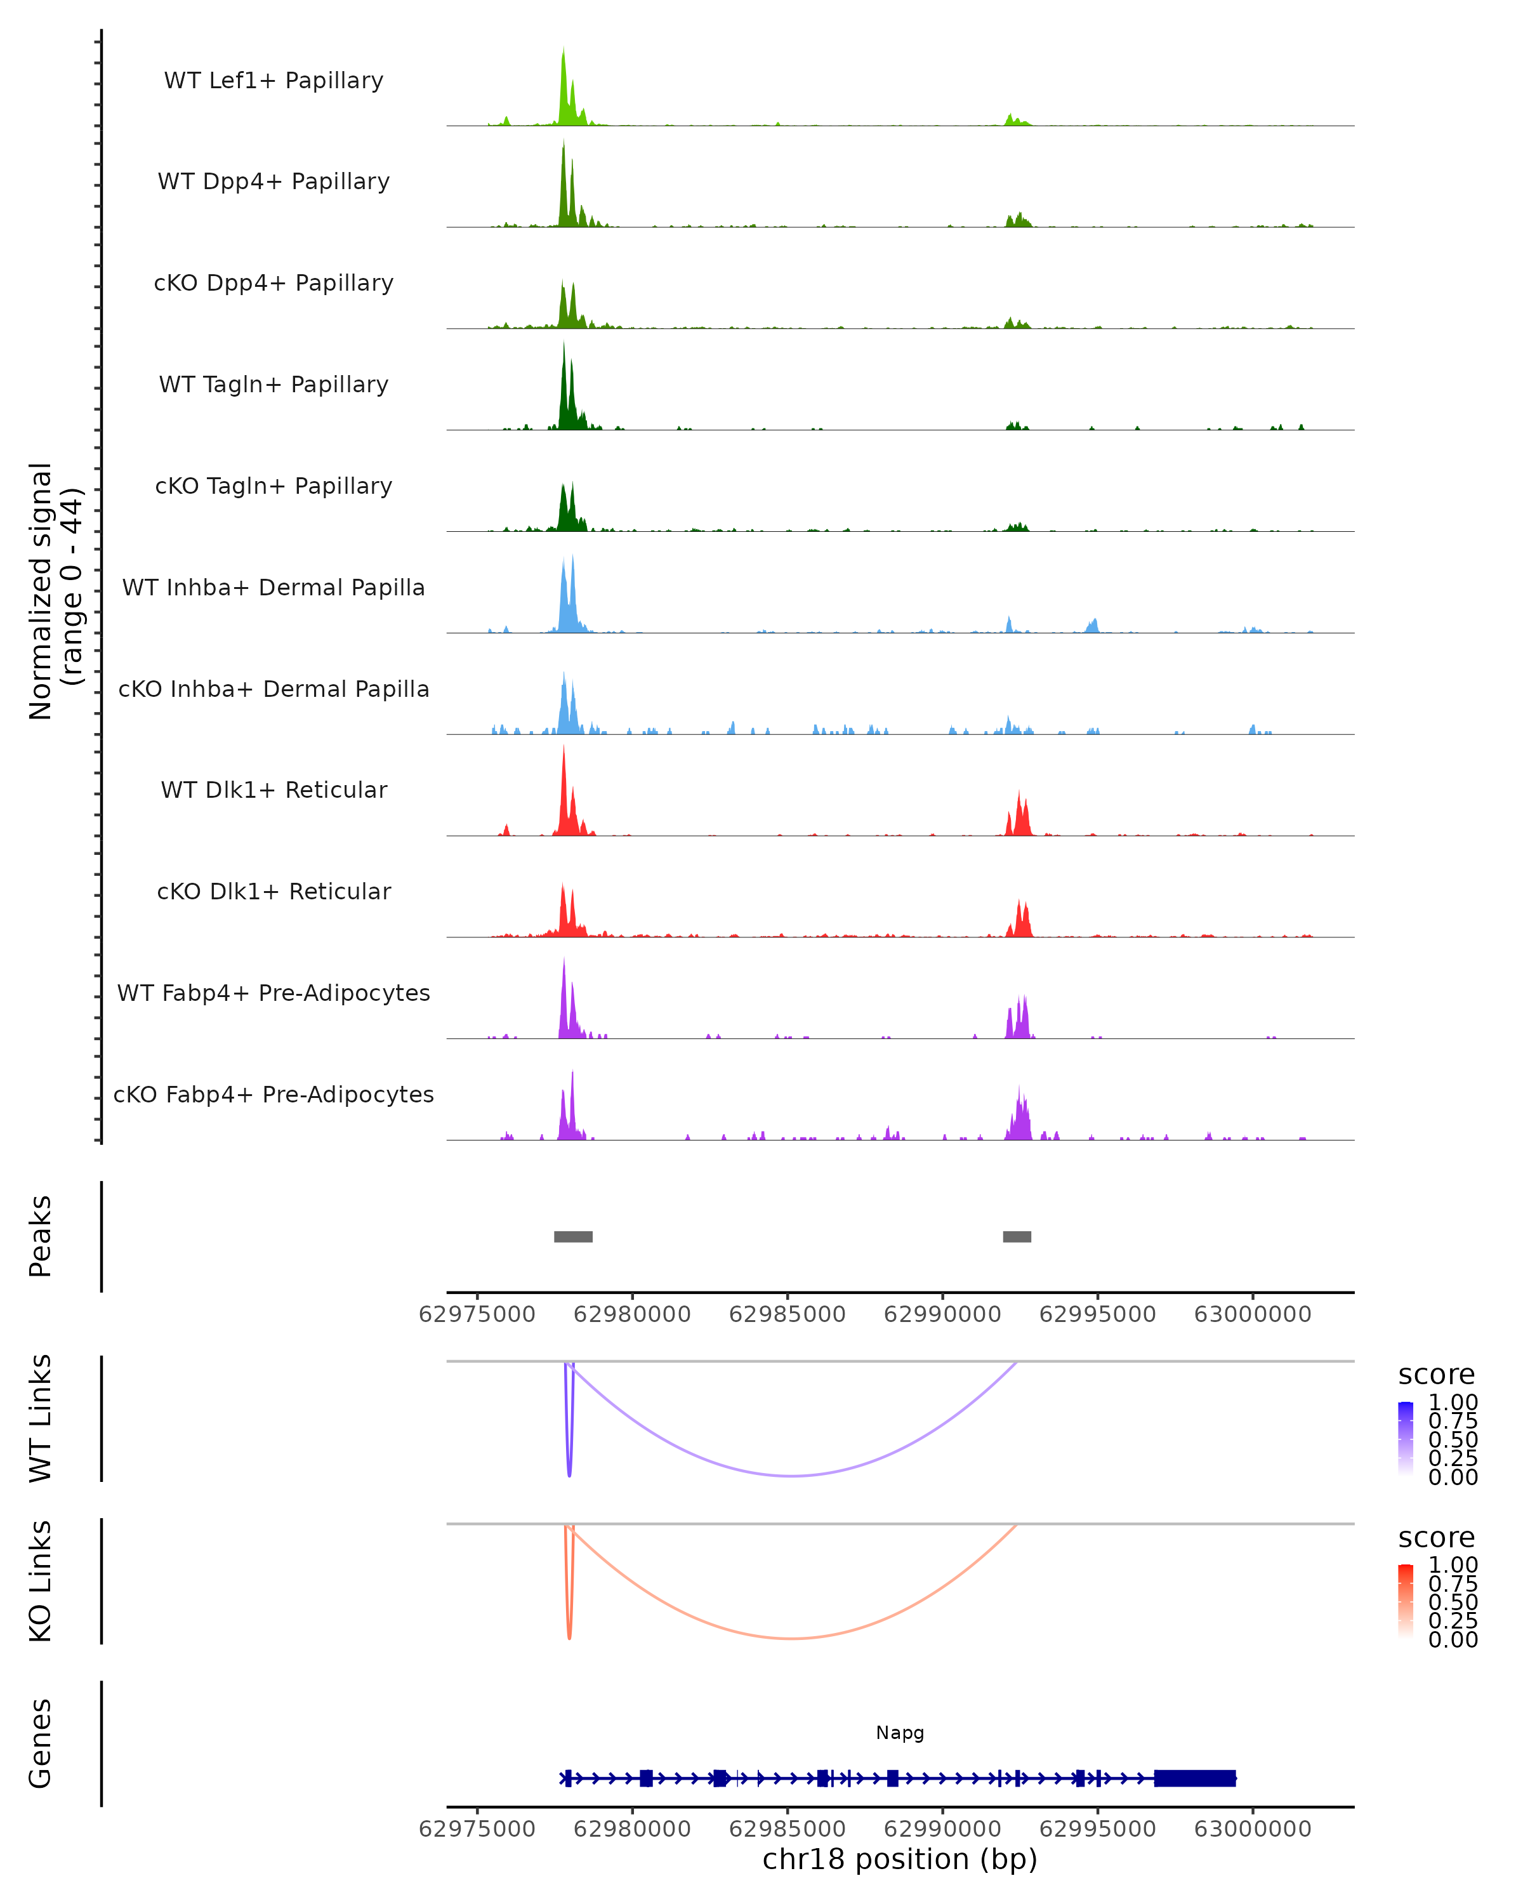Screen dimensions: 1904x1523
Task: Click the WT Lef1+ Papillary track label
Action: [x=274, y=81]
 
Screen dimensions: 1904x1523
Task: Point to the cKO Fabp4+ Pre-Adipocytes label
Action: [x=274, y=1094]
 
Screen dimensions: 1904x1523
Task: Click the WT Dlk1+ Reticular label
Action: [x=274, y=790]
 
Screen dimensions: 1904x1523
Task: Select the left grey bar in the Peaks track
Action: [x=573, y=1236]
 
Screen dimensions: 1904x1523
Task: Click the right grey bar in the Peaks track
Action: [x=1017, y=1236]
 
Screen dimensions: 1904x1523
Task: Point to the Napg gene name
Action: [x=900, y=1733]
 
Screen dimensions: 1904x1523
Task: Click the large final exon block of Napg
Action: [x=1194, y=1778]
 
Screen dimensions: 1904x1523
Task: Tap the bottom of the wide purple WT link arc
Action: [x=792, y=1475]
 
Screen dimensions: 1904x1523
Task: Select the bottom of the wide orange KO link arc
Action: [x=792, y=1638]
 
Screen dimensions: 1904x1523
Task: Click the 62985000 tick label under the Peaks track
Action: [x=787, y=1314]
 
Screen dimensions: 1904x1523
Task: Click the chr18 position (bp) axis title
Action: [x=900, y=1859]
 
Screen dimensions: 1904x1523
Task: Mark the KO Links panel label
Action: [x=41, y=1581]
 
